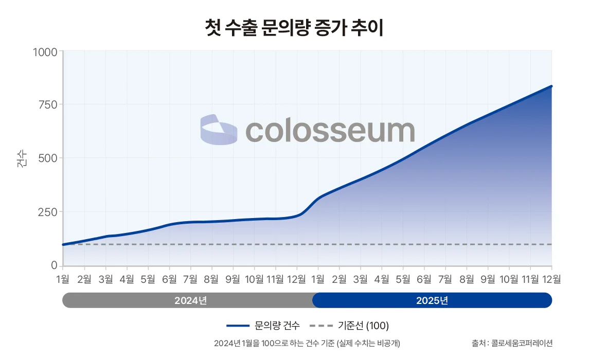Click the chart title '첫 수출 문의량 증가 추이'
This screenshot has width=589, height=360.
click(x=294, y=28)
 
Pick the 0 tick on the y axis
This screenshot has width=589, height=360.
click(x=54, y=265)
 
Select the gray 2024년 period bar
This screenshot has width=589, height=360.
click(x=188, y=300)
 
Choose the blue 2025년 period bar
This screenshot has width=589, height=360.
click(x=432, y=300)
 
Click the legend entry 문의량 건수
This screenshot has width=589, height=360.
click(x=263, y=326)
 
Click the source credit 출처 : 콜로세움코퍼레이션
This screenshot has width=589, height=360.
click(x=511, y=343)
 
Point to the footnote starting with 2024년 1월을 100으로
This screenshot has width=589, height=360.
click(x=307, y=343)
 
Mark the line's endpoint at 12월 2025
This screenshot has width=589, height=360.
click(x=551, y=86)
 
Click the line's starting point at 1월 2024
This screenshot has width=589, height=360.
click(x=63, y=244)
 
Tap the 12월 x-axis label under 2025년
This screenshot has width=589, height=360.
click(x=551, y=279)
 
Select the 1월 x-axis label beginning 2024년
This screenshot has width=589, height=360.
click(x=63, y=279)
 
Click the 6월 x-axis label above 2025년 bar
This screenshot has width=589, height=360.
click(x=424, y=279)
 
